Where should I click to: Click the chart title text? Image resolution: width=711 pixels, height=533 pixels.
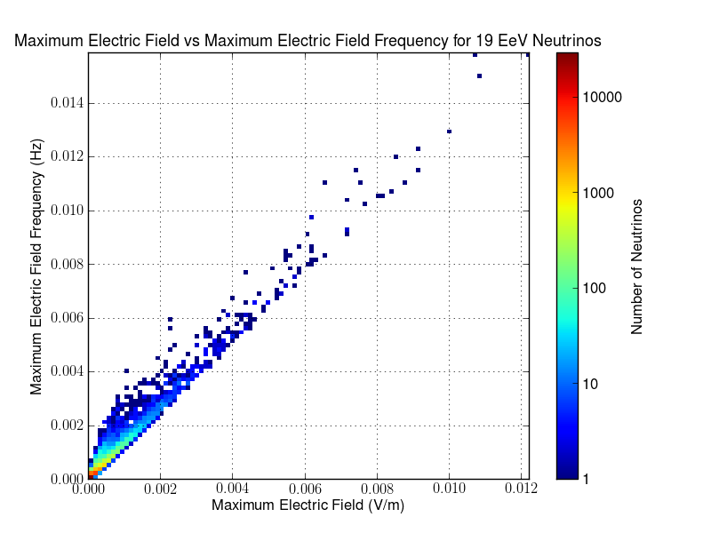pyautogui.click(x=308, y=41)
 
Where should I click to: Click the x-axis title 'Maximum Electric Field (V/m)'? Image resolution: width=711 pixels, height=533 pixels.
pyautogui.click(x=308, y=505)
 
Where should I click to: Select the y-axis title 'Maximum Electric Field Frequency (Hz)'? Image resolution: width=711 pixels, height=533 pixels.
pyautogui.click(x=37, y=266)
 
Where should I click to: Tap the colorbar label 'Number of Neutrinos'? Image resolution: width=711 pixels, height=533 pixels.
pyautogui.click(x=637, y=266)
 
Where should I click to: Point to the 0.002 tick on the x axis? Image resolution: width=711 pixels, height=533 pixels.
pyautogui.click(x=160, y=489)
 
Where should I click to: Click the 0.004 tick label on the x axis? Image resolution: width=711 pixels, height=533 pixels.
pyautogui.click(x=232, y=489)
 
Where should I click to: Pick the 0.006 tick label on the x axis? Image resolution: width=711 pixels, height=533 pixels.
pyautogui.click(x=304, y=489)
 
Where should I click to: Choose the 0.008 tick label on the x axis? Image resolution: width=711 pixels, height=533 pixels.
pyautogui.click(x=376, y=489)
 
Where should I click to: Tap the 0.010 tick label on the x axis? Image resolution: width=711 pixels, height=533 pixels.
pyautogui.click(x=449, y=489)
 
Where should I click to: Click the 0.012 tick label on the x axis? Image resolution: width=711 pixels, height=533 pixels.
pyautogui.click(x=521, y=489)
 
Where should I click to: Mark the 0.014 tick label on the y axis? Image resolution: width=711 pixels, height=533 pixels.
pyautogui.click(x=68, y=103)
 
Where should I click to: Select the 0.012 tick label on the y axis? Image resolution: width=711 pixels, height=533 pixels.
pyautogui.click(x=68, y=156)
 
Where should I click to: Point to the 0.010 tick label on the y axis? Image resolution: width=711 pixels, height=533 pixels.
pyautogui.click(x=68, y=211)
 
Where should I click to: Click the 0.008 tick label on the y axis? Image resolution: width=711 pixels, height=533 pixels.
pyautogui.click(x=68, y=264)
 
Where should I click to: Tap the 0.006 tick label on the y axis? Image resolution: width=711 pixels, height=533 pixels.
pyautogui.click(x=68, y=317)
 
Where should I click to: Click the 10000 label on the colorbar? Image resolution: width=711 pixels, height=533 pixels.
pyautogui.click(x=605, y=96)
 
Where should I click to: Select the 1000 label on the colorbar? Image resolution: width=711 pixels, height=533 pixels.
pyautogui.click(x=601, y=192)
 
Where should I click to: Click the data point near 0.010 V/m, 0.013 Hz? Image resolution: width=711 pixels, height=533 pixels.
pyautogui.click(x=450, y=131)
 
